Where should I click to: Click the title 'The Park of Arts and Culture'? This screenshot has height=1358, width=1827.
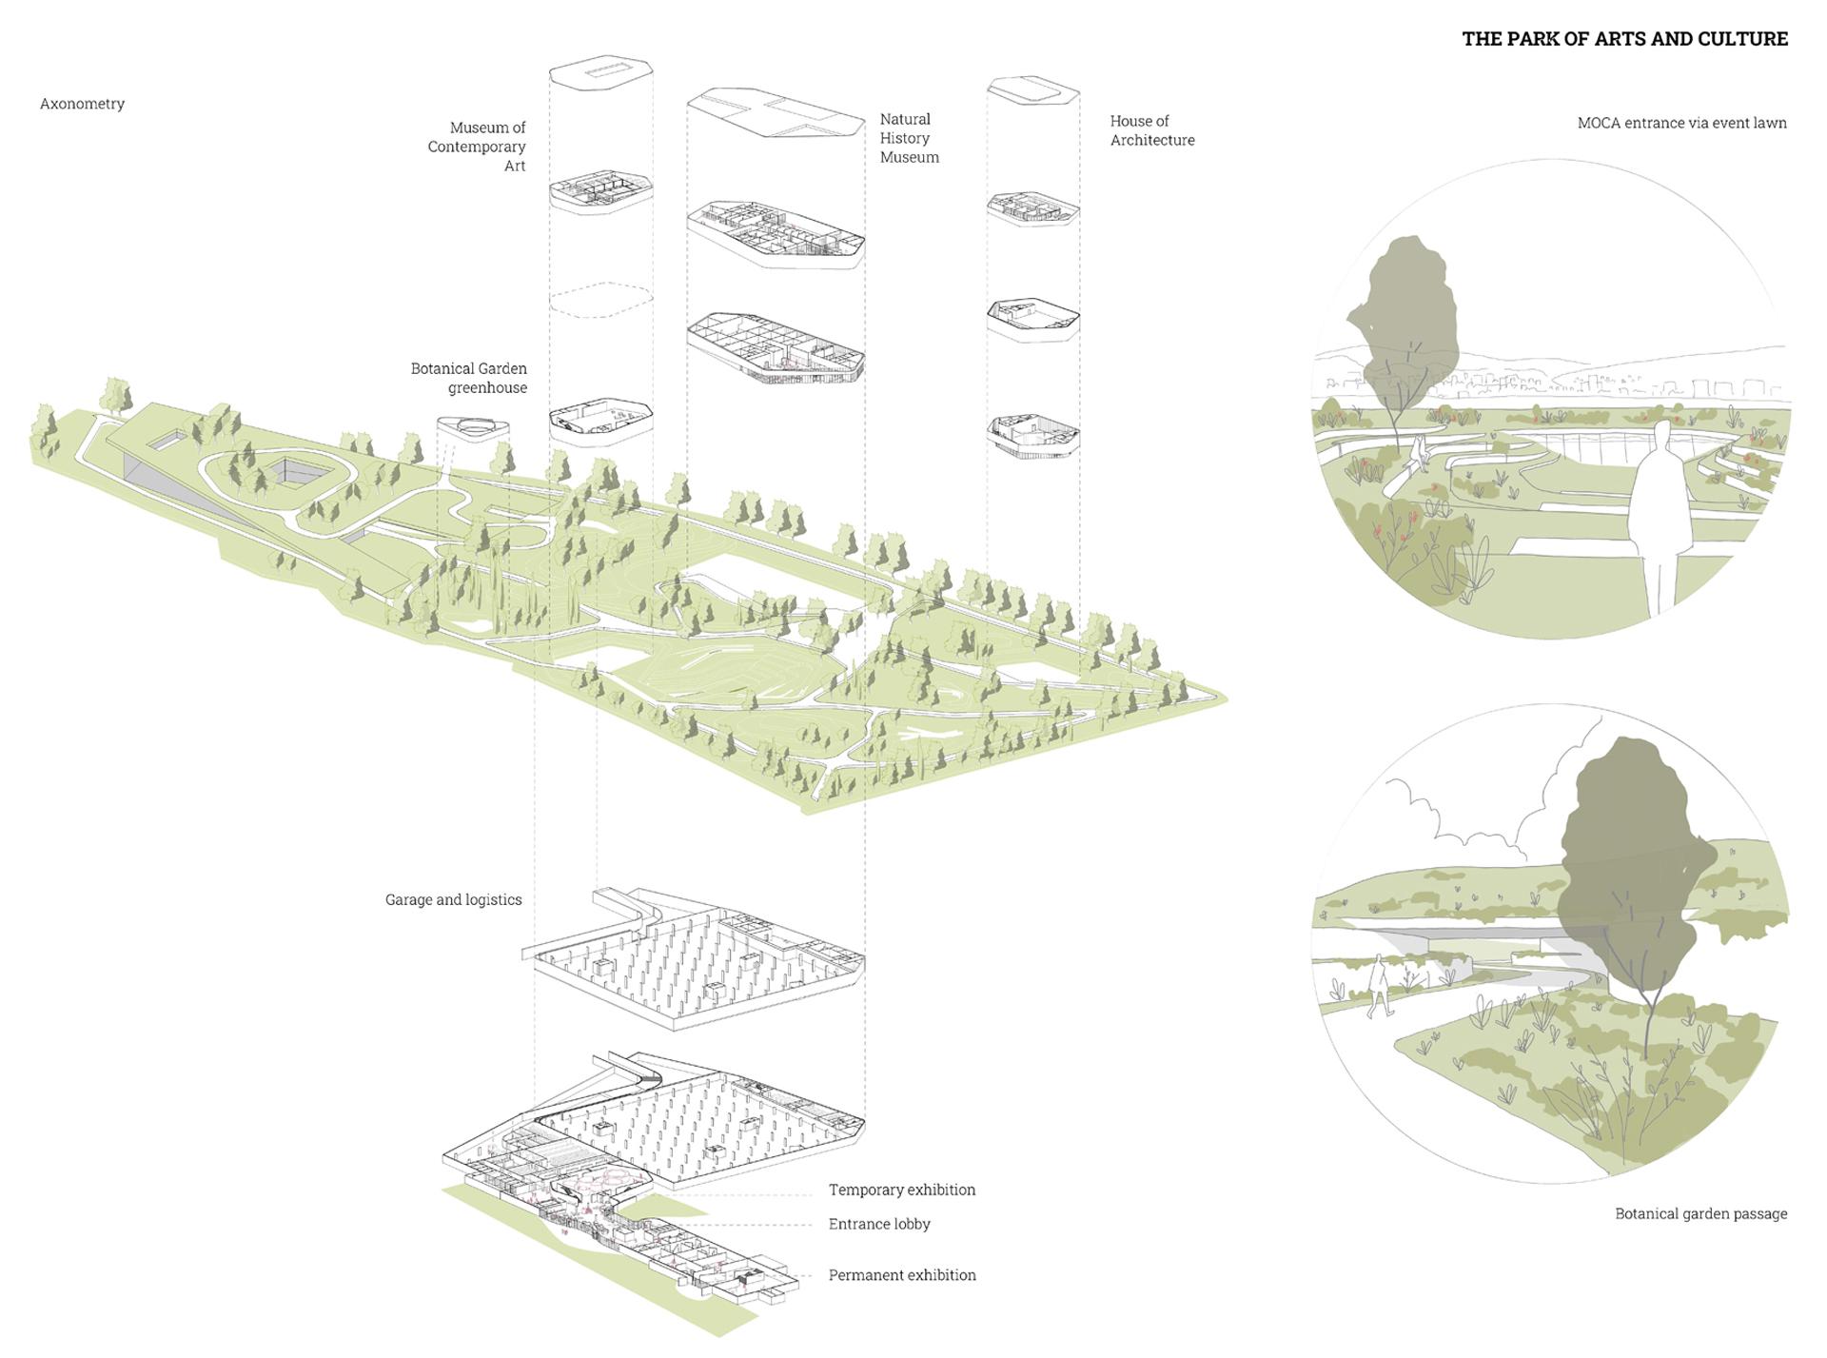[x=1624, y=39]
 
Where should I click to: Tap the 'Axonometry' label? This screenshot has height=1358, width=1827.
[x=82, y=104]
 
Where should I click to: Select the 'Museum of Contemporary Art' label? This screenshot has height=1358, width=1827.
[x=477, y=147]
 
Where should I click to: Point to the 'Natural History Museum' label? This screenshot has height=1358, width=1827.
[x=909, y=138]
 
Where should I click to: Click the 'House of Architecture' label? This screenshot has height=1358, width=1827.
[x=1151, y=130]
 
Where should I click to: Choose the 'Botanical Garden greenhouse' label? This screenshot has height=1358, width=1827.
[x=469, y=378]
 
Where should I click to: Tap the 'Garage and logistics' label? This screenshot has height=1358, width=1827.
[x=453, y=899]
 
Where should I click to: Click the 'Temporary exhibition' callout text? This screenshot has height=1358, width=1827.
[x=901, y=1190]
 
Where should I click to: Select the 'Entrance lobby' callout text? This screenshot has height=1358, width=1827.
[x=878, y=1224]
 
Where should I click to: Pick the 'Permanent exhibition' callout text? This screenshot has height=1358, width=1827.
[x=901, y=1275]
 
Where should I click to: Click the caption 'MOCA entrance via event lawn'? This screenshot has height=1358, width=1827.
[x=1681, y=123]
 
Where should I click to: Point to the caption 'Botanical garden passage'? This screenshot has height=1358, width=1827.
[x=1700, y=1213]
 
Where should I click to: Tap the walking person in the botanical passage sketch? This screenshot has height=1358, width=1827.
[x=1374, y=990]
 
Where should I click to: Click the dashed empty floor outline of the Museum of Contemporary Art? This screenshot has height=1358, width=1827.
[x=601, y=301]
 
